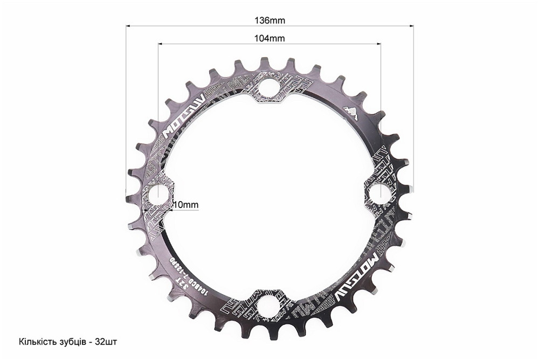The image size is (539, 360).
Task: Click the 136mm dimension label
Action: (x=269, y=20)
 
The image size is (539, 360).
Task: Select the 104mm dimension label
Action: (x=269, y=38)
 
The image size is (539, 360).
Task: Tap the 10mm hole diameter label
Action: (x=185, y=205)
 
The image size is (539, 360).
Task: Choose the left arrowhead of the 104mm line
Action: (x=159, y=44)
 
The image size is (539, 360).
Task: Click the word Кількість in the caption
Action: (x=36, y=342)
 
